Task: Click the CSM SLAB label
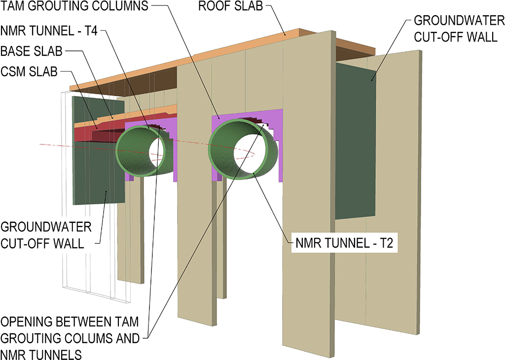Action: (x=29, y=72)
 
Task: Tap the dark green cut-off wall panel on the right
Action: (x=355, y=143)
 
